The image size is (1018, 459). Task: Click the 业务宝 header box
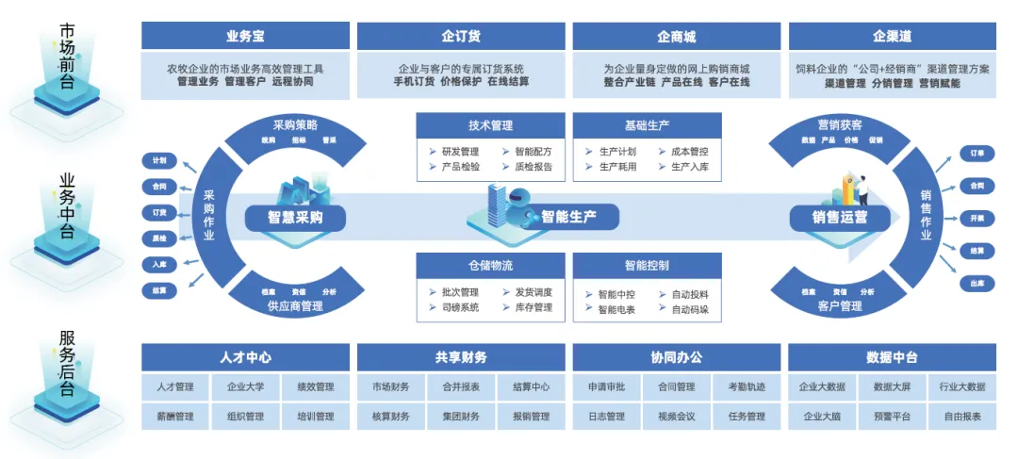[245, 37]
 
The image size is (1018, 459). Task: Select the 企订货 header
[461, 37]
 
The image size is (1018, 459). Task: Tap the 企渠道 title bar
[892, 37]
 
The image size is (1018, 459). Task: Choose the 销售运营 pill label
[828, 218]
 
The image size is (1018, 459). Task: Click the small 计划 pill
[158, 161]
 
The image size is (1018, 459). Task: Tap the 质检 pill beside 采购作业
[158, 238]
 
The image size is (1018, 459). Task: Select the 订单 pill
[977, 153]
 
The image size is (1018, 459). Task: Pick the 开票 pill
[977, 218]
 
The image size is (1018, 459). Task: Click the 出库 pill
[977, 283]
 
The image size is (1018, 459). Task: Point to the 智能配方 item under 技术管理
[534, 151]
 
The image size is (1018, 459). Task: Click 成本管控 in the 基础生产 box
[690, 151]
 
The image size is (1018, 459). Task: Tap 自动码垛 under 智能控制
[690, 309]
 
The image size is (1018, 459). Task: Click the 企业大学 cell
[245, 386]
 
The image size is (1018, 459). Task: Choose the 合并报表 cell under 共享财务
[460, 386]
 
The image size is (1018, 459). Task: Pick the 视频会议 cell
[676, 416]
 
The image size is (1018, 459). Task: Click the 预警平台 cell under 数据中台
[891, 416]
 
